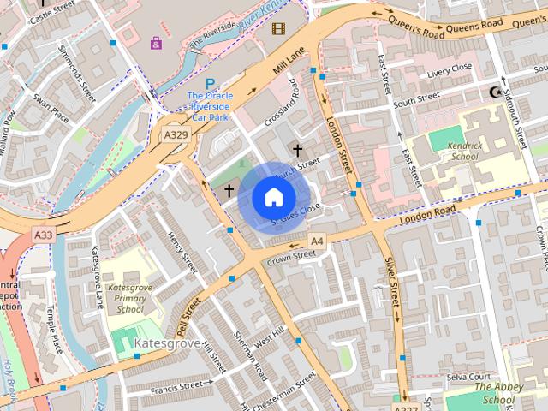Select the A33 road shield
(x=44, y=234)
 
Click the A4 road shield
(x=317, y=241)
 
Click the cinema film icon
(x=277, y=28)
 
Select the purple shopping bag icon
(x=156, y=42)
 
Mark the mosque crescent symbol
(x=492, y=92)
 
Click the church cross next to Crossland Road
(x=297, y=150)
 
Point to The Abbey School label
(x=498, y=393)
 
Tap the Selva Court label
(x=468, y=377)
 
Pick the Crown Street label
(x=291, y=255)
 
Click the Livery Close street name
(x=450, y=68)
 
